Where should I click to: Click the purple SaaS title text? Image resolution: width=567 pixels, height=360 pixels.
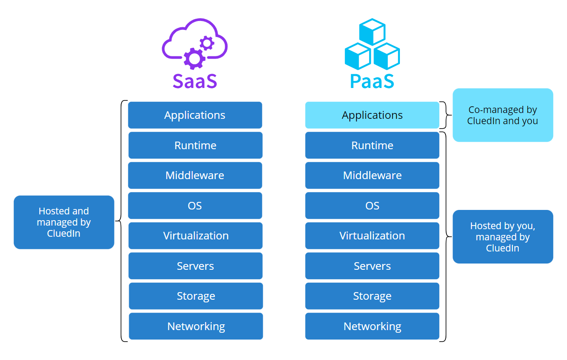(x=195, y=80)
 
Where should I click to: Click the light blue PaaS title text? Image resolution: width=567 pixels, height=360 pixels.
(x=372, y=80)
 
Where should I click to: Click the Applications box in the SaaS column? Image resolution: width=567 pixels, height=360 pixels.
(x=195, y=115)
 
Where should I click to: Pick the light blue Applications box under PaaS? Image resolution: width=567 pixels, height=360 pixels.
(x=372, y=115)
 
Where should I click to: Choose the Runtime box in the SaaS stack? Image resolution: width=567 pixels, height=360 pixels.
(x=195, y=145)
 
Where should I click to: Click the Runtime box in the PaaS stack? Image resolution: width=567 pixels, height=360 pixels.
(x=372, y=145)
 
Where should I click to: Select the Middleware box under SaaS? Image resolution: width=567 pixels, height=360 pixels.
(x=195, y=176)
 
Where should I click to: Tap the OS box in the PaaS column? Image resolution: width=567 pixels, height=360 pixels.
(x=372, y=205)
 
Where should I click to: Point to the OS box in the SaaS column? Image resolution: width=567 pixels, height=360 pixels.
(x=195, y=205)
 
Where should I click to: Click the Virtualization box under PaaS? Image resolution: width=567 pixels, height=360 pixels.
(x=372, y=236)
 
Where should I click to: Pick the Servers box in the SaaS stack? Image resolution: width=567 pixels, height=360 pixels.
(x=195, y=266)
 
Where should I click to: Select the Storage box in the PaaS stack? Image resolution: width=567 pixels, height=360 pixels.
(x=372, y=296)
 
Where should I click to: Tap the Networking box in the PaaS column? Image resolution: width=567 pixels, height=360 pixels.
(x=372, y=326)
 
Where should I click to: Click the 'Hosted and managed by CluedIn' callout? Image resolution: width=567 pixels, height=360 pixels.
(x=64, y=222)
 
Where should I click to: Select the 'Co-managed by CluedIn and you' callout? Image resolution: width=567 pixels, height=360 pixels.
(x=503, y=115)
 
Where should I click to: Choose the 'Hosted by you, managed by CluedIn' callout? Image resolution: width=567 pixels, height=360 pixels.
(x=503, y=237)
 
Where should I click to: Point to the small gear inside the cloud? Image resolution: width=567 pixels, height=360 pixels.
(x=206, y=43)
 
